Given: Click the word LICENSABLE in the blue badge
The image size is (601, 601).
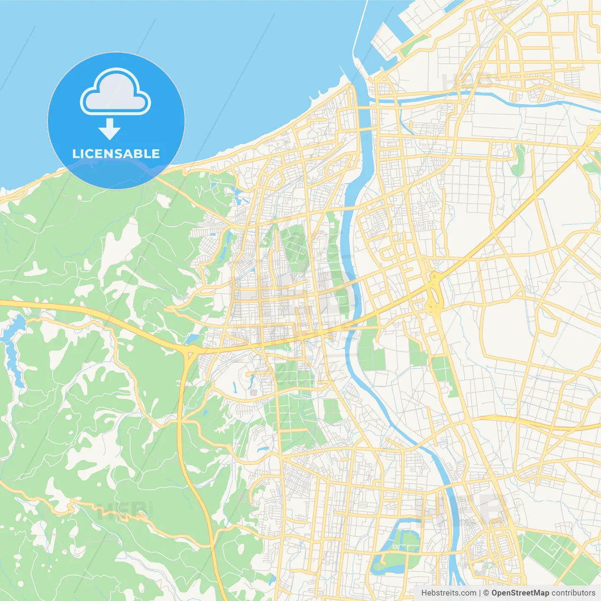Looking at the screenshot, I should tap(116, 154).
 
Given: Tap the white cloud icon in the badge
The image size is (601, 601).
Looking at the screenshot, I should tap(116, 92).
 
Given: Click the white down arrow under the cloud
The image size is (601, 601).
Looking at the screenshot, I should tap(109, 129).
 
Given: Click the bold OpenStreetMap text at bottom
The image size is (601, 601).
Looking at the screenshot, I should tap(520, 593).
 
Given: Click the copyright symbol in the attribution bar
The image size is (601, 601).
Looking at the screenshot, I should tap(486, 593).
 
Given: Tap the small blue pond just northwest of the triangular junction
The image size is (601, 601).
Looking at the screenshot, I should tap(193, 339).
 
